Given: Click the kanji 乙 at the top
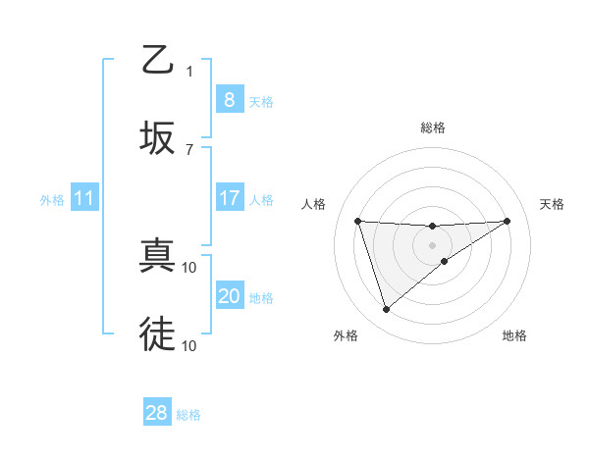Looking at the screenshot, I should (157, 61).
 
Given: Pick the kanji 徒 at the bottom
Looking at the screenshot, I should (157, 333).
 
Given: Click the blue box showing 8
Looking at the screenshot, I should (229, 100).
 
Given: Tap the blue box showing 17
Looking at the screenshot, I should (229, 198).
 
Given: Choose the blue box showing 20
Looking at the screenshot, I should (229, 296).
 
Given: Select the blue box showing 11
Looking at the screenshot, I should (83, 198).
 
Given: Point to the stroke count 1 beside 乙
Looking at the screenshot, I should (190, 71).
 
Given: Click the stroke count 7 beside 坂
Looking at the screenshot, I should (190, 149).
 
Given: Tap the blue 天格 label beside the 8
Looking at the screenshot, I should (261, 102).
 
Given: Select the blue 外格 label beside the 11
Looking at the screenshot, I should (52, 200).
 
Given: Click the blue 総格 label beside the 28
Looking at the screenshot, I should (188, 415).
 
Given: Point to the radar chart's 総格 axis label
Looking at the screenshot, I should (432, 128).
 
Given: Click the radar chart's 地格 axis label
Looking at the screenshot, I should (514, 335).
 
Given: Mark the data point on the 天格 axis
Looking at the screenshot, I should (508, 221).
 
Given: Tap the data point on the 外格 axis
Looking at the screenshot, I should (386, 310).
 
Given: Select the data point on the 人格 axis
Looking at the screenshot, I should (358, 221).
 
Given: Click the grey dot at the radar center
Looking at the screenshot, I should (432, 244).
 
